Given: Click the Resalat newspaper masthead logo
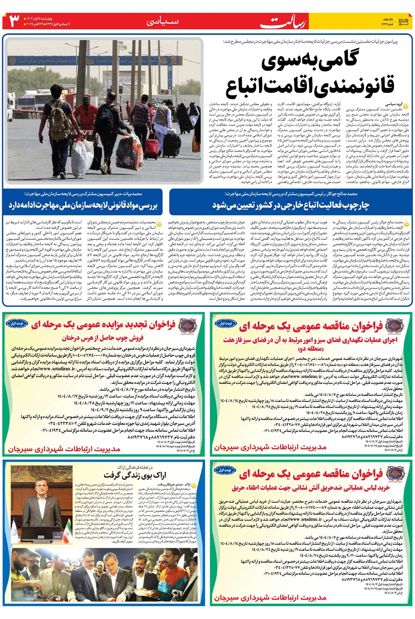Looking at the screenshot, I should pos(283,21).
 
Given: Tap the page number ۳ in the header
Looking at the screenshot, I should pos(15,21).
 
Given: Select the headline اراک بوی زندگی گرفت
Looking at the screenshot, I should pos(135,475).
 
